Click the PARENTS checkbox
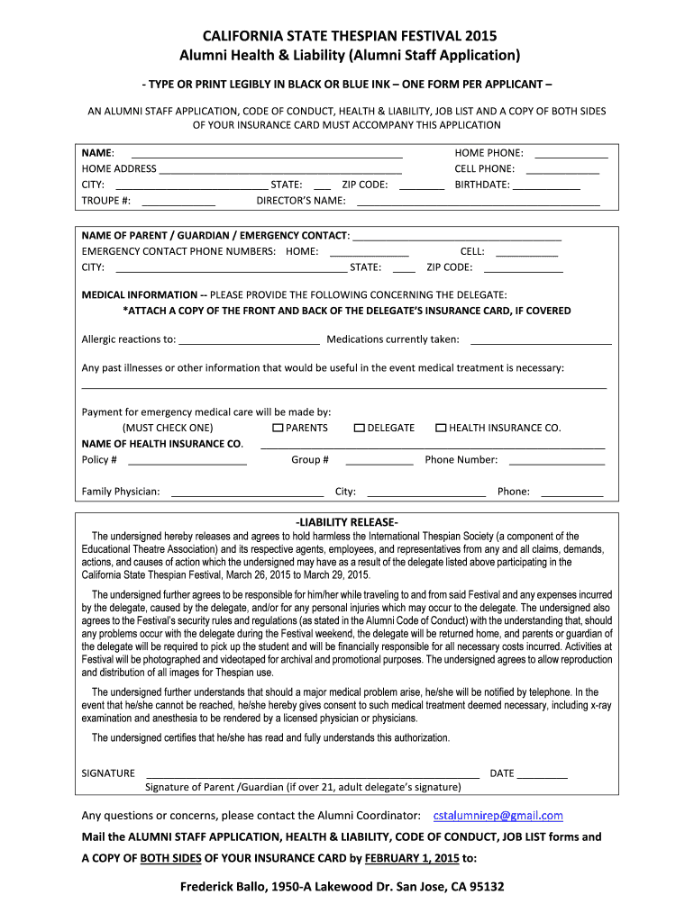tap(278, 428)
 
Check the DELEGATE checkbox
tap(360, 428)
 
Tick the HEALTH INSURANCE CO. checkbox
tap(441, 428)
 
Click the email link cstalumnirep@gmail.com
tap(498, 816)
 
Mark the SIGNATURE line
tap(312, 773)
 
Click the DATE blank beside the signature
tap(543, 773)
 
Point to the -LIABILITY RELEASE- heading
tap(347, 522)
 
